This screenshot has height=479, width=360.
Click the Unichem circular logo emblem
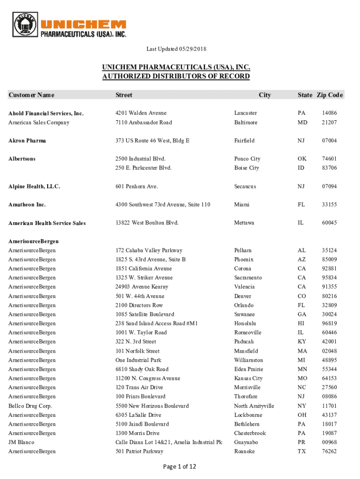pos(26,26)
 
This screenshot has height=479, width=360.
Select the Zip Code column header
pos(330,95)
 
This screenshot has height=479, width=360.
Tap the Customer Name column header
pos(31,95)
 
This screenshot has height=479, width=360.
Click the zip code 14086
pos(329,113)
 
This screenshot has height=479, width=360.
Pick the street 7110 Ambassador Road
pos(144,123)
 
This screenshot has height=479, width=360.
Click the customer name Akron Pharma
pos(27,141)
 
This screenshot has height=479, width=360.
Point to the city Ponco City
pos(247,159)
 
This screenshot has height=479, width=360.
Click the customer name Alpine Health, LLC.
pos(34,187)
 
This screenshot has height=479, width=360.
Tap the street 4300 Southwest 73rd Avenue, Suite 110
pos(163,205)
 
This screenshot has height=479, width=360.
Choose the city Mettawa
pos(244,223)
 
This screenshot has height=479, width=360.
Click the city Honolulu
pos(245,324)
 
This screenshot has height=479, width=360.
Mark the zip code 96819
pos(329,324)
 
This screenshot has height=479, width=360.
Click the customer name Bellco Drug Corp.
pos(30,406)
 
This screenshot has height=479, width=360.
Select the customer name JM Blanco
pos(22,443)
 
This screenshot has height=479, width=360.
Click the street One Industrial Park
pos(138,360)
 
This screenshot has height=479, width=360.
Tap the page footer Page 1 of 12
pos(180,466)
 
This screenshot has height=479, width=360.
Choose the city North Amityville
pos(254,406)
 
